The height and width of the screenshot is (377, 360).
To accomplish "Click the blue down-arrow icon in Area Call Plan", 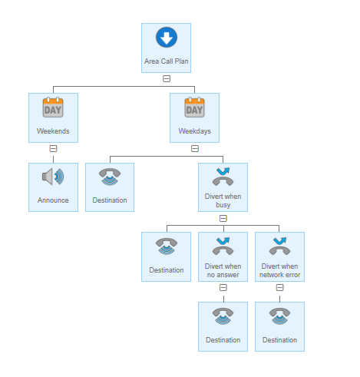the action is (167, 38).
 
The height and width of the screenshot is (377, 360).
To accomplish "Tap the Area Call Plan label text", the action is (167, 61).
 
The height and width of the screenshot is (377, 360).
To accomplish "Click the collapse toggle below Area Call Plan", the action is (167, 78).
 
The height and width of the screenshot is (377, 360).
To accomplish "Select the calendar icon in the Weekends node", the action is (53, 107).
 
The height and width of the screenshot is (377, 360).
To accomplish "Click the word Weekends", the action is (53, 131).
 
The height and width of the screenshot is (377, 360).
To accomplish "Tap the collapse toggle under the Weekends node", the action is (53, 148).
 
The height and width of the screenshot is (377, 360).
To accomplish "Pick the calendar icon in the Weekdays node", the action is (194, 107).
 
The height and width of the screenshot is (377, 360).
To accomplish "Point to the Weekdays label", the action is (195, 131).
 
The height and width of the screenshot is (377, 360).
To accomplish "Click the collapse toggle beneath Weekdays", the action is (195, 148).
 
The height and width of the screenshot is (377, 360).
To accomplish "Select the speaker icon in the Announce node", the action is (53, 177).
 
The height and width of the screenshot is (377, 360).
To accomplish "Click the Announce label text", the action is (53, 200).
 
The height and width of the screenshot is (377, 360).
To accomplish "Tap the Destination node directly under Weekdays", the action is (110, 187).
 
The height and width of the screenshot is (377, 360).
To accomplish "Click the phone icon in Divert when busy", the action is (223, 177).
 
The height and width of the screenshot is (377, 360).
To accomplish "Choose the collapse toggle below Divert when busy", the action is (223, 218).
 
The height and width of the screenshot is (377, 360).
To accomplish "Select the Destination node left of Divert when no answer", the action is (166, 256).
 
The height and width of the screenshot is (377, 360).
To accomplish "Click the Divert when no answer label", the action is (223, 270).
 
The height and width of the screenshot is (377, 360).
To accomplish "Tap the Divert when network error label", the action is (279, 270).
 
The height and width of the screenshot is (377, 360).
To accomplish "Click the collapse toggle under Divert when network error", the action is (279, 288).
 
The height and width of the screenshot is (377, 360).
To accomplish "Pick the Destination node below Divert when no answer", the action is (223, 326).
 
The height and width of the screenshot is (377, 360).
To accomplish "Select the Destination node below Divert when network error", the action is (279, 326).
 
